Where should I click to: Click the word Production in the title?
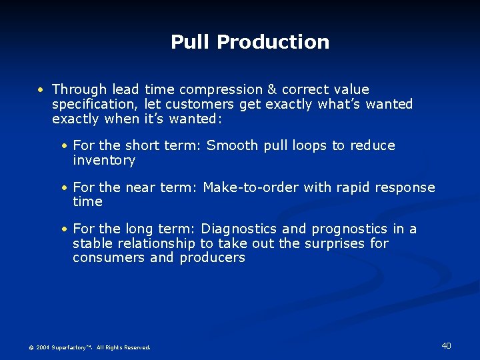click(x=273, y=42)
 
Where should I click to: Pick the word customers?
click(x=199, y=104)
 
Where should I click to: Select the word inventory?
click(x=104, y=161)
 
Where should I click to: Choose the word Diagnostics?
click(x=239, y=229)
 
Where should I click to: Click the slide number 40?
click(x=446, y=345)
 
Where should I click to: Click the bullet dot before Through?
click(x=41, y=90)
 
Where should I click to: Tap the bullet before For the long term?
click(x=64, y=230)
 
